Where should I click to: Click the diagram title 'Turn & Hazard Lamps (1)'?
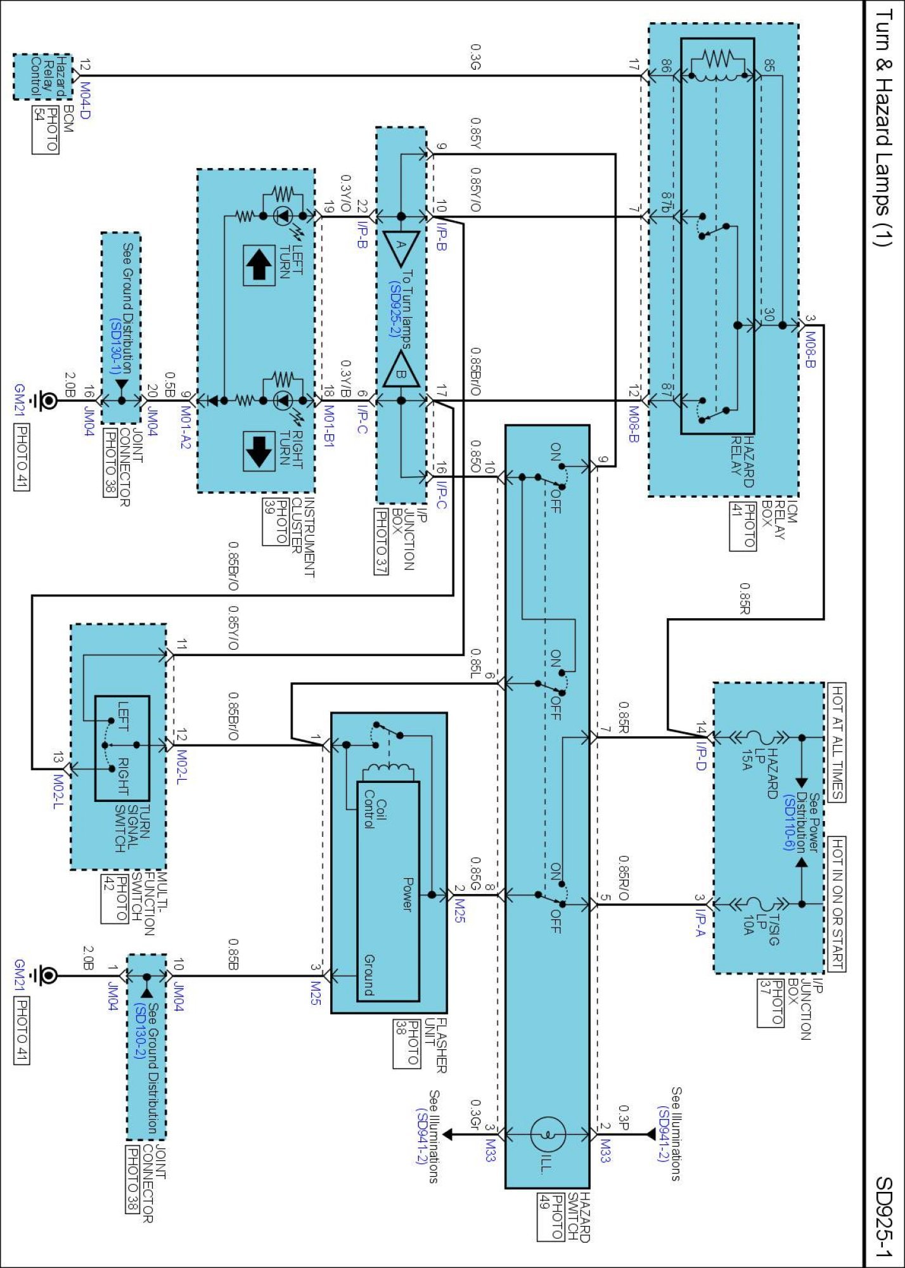point(883,127)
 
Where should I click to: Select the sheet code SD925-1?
point(883,1217)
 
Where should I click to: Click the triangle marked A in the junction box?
point(401,247)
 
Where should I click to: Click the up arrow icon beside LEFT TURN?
point(259,265)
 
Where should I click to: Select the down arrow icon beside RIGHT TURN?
point(259,451)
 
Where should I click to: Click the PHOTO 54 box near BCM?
point(45,130)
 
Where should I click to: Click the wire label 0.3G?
point(475,56)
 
